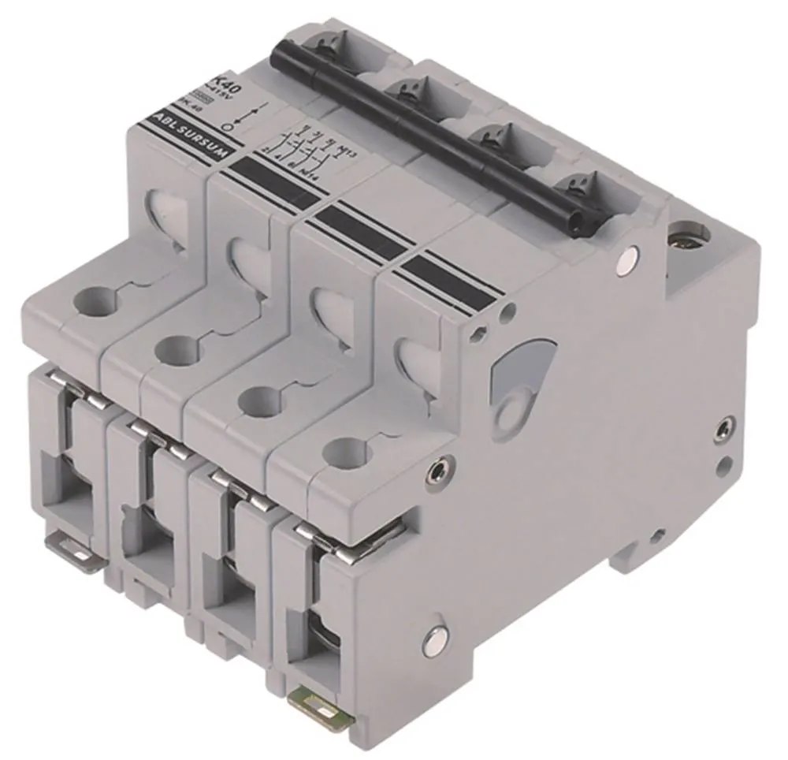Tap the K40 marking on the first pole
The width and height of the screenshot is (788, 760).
229,80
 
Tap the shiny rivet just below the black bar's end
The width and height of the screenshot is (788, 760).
628,256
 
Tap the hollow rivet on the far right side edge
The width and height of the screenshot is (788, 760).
725,430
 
